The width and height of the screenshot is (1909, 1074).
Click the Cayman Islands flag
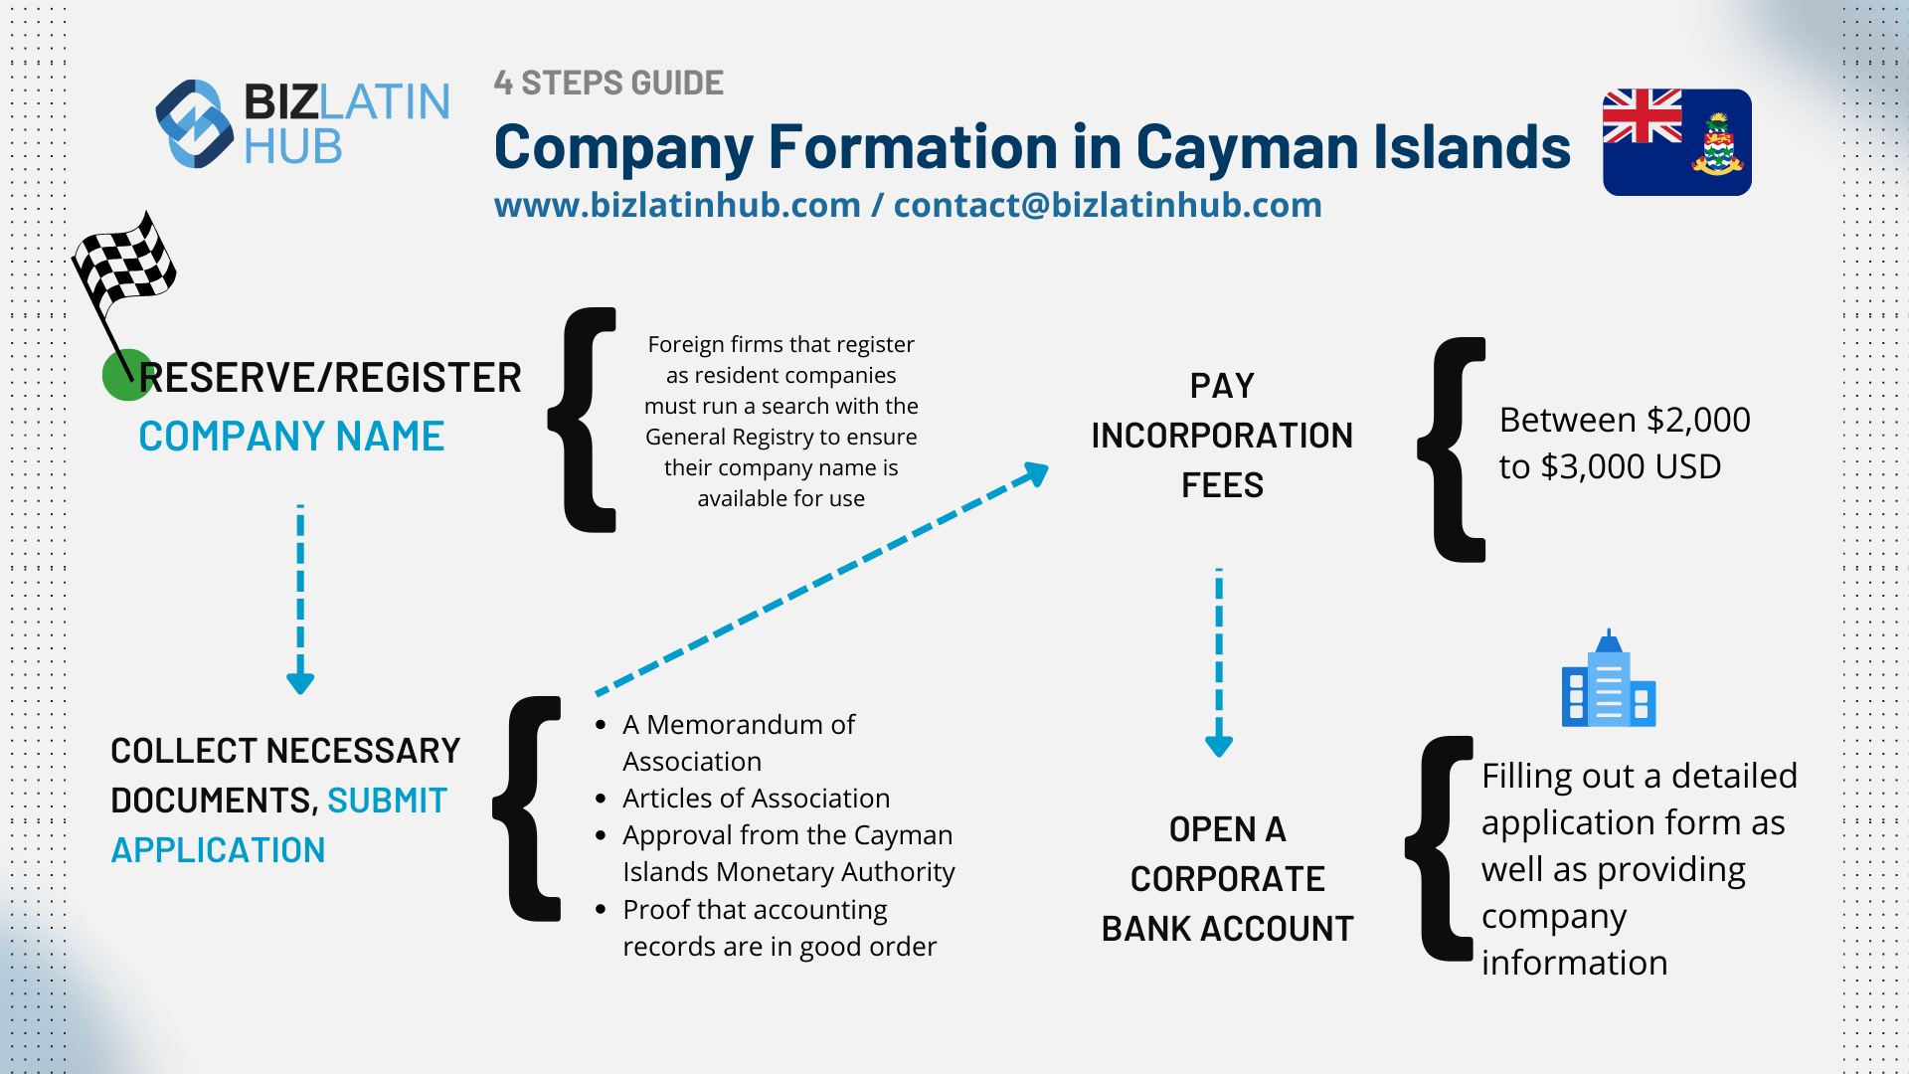coord(1676,142)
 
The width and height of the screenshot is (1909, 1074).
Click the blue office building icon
coord(1608,681)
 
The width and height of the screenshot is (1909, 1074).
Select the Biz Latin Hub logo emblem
coord(195,124)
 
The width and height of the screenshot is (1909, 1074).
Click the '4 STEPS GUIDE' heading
coord(608,83)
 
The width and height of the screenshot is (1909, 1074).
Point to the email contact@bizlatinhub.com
coord(1107,205)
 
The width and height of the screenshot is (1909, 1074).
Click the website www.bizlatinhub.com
coord(677,205)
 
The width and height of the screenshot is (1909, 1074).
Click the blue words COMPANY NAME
coord(291,437)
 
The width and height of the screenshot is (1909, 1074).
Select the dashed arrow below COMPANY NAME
coord(300,597)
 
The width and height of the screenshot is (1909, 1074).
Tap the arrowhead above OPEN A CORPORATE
coord(1219,745)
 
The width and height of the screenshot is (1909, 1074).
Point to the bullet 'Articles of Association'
coord(756,799)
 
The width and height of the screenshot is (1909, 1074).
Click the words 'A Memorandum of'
coord(738,725)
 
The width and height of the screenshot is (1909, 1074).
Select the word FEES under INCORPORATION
coord(1222,485)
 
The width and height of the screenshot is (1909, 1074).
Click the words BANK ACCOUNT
coord(1227,929)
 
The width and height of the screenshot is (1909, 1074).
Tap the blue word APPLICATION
coord(218,850)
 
